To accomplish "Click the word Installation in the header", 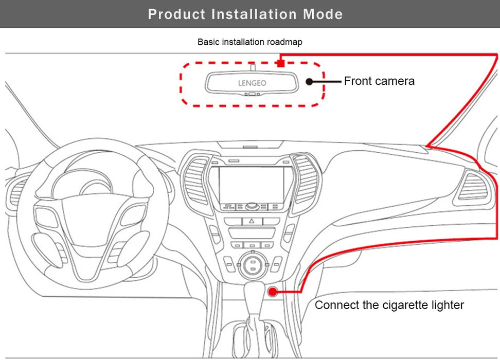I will tap(255, 14).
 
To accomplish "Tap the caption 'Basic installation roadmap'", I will tap(250, 42).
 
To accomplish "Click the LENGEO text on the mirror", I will tap(252, 82).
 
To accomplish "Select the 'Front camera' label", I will tap(379, 81).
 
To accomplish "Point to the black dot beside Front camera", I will tap(309, 81).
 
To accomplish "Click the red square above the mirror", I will tap(280, 63).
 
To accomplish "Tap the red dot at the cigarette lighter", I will tap(273, 292).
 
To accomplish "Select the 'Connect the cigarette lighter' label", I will tap(389, 305).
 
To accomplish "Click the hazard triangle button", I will tap(252, 220).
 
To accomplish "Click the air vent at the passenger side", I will tap(473, 186).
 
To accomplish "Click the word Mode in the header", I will tap(323, 14).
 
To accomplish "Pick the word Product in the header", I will tap(177, 14).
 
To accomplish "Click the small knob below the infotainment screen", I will tap(252, 206).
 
